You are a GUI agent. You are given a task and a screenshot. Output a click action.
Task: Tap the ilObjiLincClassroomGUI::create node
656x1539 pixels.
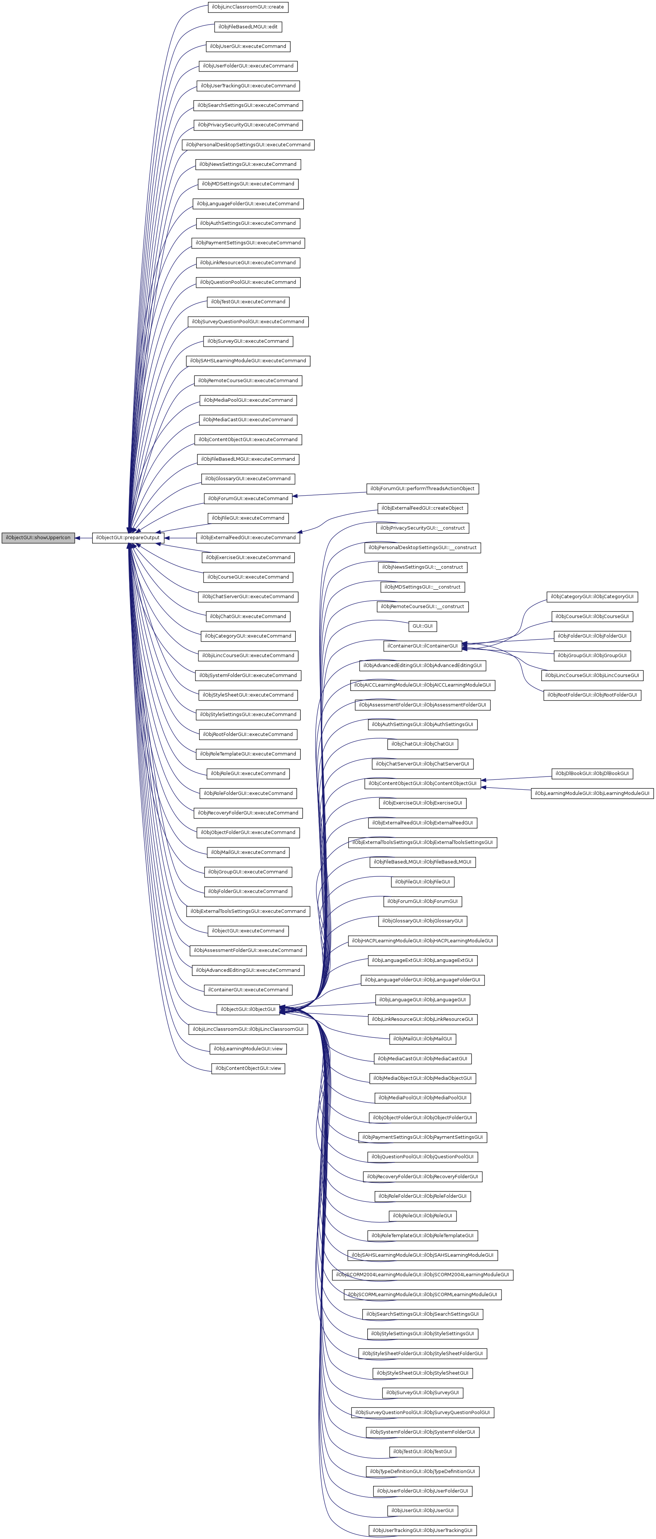click(247, 7)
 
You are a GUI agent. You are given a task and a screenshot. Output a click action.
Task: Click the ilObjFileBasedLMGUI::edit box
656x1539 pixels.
click(247, 27)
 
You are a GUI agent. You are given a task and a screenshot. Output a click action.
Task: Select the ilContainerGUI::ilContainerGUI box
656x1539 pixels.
click(422, 646)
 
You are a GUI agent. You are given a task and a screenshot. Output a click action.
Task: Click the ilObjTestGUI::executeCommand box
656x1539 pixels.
click(247, 302)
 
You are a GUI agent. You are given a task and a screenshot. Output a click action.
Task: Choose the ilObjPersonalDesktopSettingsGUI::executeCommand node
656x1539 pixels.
click(247, 144)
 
